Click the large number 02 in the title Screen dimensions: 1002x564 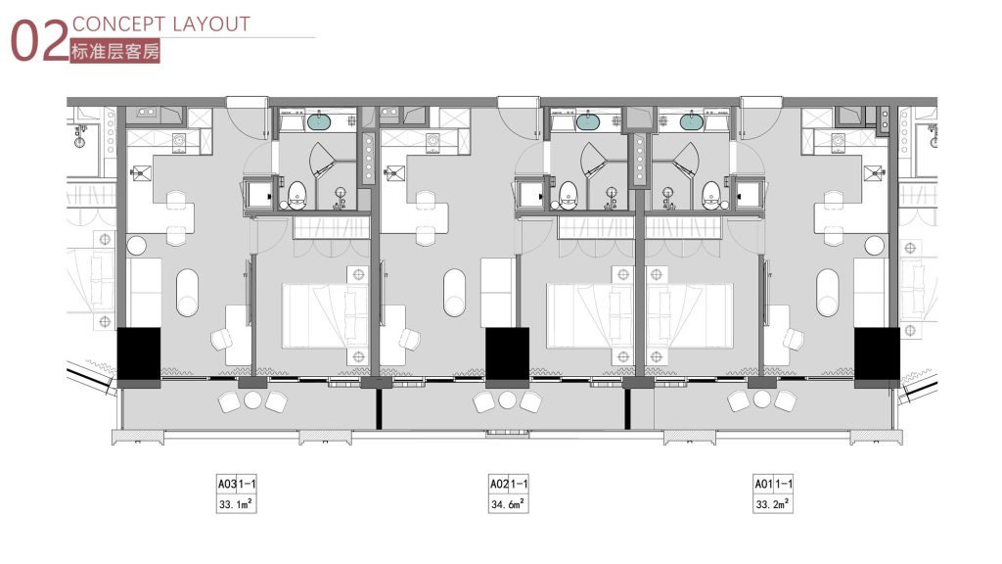coord(39,41)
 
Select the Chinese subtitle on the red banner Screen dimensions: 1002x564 coord(115,51)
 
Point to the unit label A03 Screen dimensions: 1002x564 coord(227,484)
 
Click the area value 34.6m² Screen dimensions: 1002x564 coord(508,504)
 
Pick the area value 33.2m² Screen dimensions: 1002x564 coord(772,504)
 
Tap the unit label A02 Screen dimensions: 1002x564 coord(499,484)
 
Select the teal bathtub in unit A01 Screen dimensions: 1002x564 coord(691,120)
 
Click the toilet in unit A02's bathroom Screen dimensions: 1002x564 coord(569,195)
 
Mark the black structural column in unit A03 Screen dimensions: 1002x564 coord(139,352)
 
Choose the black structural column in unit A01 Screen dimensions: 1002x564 coord(877,352)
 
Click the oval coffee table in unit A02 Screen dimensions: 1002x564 coord(454,293)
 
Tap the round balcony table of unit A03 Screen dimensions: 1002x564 coord(253,400)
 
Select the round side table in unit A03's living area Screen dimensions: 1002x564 coord(136,245)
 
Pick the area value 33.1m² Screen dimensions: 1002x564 coord(235,504)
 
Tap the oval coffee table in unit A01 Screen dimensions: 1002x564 coord(827,293)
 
